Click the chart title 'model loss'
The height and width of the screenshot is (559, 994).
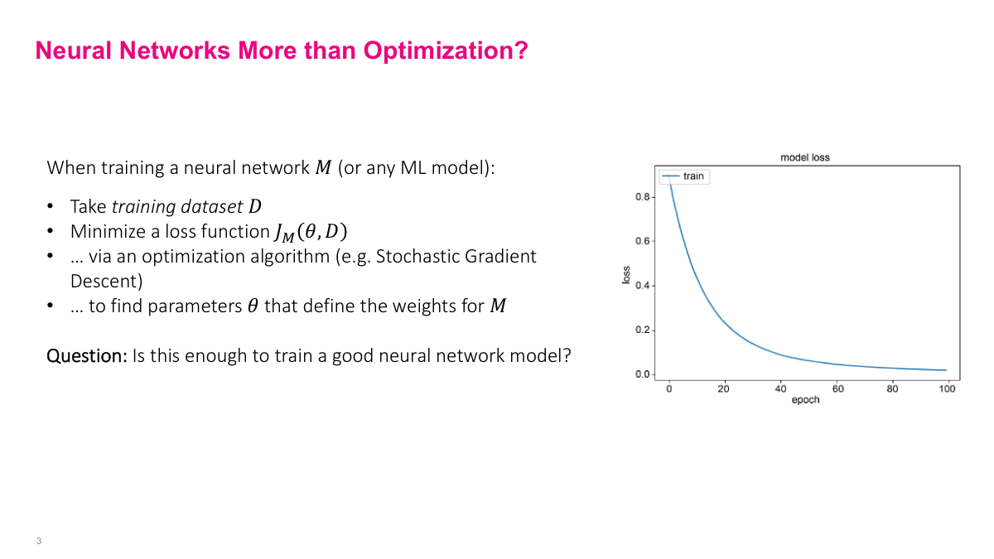click(x=804, y=157)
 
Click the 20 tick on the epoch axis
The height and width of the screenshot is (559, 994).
click(x=724, y=389)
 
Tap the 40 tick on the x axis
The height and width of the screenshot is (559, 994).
click(x=780, y=389)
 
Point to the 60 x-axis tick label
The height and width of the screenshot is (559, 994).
click(x=837, y=389)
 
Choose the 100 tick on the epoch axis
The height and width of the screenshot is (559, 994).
click(x=948, y=389)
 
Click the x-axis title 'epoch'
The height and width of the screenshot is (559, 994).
click(x=805, y=400)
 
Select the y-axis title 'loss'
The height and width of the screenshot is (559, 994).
click(x=626, y=276)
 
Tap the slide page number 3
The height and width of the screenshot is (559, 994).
click(x=39, y=542)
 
